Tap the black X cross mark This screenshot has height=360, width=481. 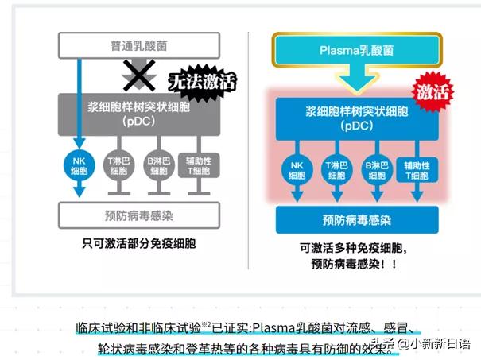click(x=137, y=77)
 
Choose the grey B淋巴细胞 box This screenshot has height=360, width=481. click(x=160, y=165)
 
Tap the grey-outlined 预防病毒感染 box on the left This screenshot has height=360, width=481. click(x=144, y=213)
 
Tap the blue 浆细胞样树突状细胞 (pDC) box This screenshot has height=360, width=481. click(x=355, y=117)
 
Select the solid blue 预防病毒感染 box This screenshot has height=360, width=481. click(x=355, y=219)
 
